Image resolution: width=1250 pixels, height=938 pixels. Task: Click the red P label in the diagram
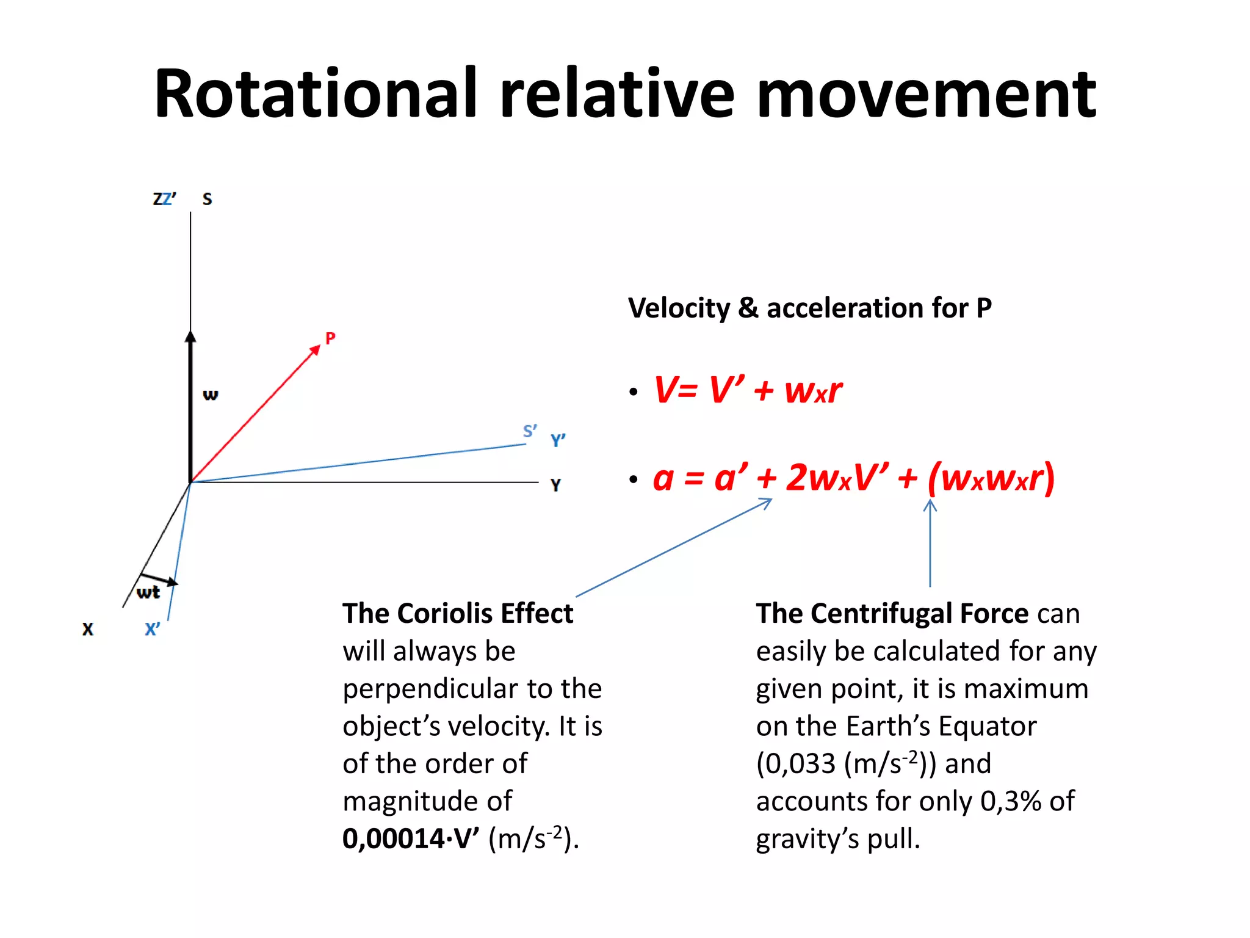(x=330, y=338)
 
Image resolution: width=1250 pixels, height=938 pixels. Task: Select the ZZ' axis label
(x=164, y=199)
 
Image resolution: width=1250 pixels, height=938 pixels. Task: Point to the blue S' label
(x=530, y=431)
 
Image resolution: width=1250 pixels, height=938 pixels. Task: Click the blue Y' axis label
(x=558, y=440)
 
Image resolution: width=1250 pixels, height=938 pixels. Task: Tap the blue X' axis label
(x=153, y=629)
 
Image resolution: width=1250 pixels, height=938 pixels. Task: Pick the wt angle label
(x=148, y=592)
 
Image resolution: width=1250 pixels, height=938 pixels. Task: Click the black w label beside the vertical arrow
(x=210, y=394)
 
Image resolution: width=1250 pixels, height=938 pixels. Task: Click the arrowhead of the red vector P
(x=315, y=350)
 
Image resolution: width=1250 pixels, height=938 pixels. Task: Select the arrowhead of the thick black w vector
(x=190, y=337)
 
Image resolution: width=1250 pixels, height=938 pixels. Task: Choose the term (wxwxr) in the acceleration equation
(x=991, y=478)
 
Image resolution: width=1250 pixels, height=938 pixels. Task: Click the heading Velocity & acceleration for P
(x=809, y=308)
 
